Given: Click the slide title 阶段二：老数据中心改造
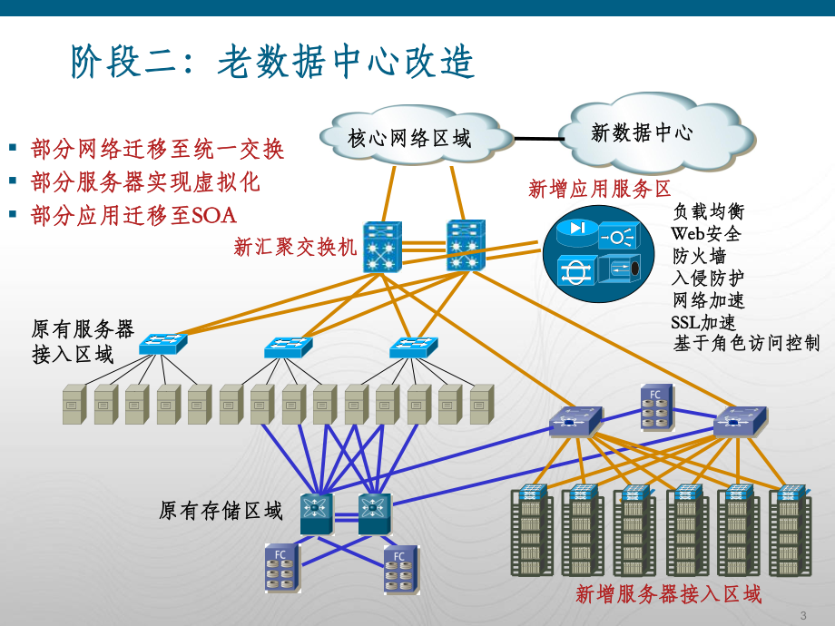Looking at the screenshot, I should [x=272, y=63].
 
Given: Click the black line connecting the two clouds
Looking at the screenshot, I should [x=538, y=139].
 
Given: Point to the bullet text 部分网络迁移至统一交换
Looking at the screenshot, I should [x=157, y=149].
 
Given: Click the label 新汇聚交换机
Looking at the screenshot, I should [x=295, y=247].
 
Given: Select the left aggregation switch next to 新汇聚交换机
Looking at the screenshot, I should [x=381, y=247].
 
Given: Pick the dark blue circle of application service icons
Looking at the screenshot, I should [x=598, y=253].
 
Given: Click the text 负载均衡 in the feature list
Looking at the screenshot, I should [x=708, y=211].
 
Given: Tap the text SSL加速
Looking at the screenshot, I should [x=703, y=322].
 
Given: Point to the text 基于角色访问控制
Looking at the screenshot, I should [x=746, y=343].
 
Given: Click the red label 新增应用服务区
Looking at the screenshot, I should [x=600, y=189].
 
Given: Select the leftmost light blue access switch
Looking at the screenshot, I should [x=163, y=344].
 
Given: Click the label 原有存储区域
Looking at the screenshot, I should [x=221, y=511].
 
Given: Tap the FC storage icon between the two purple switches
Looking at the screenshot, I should [x=656, y=406].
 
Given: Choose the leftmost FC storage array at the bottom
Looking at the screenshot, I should [x=281, y=568].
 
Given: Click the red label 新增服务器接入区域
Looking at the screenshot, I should [x=668, y=594].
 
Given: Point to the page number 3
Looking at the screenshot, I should [x=802, y=615].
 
